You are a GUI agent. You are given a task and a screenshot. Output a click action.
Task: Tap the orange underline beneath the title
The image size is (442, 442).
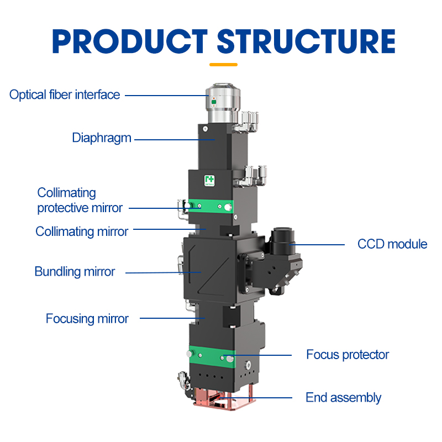pyautogui.click(x=223, y=65)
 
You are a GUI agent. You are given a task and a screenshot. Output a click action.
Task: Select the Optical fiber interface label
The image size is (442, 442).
pyautogui.click(x=65, y=94)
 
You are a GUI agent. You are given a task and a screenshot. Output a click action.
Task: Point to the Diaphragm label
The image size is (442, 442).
pyautogui.click(x=102, y=138)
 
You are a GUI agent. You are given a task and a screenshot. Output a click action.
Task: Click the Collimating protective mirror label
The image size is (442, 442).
pyautogui.click(x=80, y=201)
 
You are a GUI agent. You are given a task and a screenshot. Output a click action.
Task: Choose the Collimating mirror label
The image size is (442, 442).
pyautogui.click(x=82, y=231)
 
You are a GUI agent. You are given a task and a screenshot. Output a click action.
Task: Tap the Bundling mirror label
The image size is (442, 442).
pyautogui.click(x=75, y=272)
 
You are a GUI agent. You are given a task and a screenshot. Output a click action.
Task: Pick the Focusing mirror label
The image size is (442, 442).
pyautogui.click(x=87, y=319)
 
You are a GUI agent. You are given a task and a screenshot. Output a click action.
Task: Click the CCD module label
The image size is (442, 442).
pyautogui.click(x=392, y=244)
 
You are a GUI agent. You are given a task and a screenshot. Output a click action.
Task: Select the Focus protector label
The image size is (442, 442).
pyautogui.click(x=348, y=354)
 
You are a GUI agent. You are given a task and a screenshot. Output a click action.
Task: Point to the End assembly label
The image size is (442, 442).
pyautogui.click(x=343, y=397)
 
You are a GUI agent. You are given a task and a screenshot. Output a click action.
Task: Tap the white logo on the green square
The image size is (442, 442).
pyautogui.click(x=209, y=180)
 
